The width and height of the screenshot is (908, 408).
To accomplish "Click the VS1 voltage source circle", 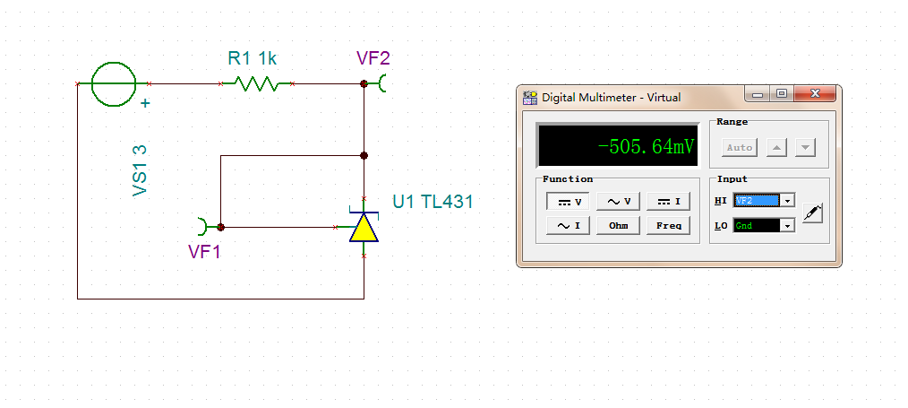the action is coord(114,84).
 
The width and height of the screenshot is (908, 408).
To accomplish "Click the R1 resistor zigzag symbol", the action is coord(256,84).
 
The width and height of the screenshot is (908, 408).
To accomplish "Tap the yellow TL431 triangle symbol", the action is coord(364,227).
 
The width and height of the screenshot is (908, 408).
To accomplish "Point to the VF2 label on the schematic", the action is coord(373,58).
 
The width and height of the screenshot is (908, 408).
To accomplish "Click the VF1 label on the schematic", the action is coord(204,251).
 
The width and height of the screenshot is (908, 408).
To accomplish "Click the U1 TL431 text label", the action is coord(433,202).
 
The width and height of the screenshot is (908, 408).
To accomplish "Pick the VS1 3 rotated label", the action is coord(140,171).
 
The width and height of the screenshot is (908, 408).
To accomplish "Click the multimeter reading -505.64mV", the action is coord(646,146).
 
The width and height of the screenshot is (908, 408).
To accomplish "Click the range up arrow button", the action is coord(776,148).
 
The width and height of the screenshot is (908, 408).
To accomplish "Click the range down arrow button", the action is coord(805,148).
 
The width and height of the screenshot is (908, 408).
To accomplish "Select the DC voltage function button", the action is coord(568,202).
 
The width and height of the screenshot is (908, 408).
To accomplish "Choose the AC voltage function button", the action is coord(618,202).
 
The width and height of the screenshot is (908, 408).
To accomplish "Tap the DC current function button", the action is coord(668,202).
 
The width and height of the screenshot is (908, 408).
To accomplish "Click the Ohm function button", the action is coord(618,225).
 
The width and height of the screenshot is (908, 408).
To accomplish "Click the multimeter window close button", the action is coord(815,94).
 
